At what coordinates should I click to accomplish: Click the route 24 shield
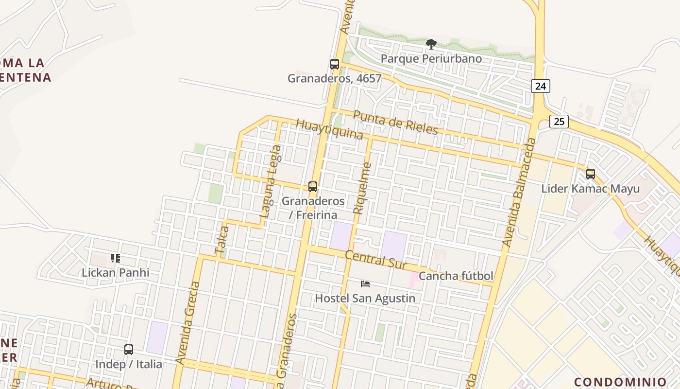[x=541, y=86]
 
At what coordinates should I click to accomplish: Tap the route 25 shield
[x=559, y=121]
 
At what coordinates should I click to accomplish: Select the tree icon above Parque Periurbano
[x=431, y=44]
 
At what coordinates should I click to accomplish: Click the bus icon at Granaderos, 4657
[x=335, y=64]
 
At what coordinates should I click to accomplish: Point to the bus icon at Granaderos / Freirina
[x=313, y=187]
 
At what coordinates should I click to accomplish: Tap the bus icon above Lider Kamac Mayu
[x=591, y=174]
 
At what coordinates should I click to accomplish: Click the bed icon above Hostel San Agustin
[x=365, y=283]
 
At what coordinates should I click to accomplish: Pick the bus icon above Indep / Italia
[x=129, y=350]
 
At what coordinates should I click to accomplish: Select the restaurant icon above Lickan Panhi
[x=116, y=258]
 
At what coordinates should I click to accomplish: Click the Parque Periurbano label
[x=431, y=59]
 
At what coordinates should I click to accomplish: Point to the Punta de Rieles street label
[x=395, y=122]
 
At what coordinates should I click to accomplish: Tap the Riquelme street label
[x=363, y=188]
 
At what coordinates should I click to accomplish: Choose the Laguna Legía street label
[x=271, y=181]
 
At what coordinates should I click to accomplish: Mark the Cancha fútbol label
[x=456, y=276]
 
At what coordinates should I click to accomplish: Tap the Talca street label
[x=221, y=240]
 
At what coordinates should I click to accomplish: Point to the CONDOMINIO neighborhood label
[x=620, y=382]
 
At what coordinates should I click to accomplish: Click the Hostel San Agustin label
[x=365, y=298]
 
